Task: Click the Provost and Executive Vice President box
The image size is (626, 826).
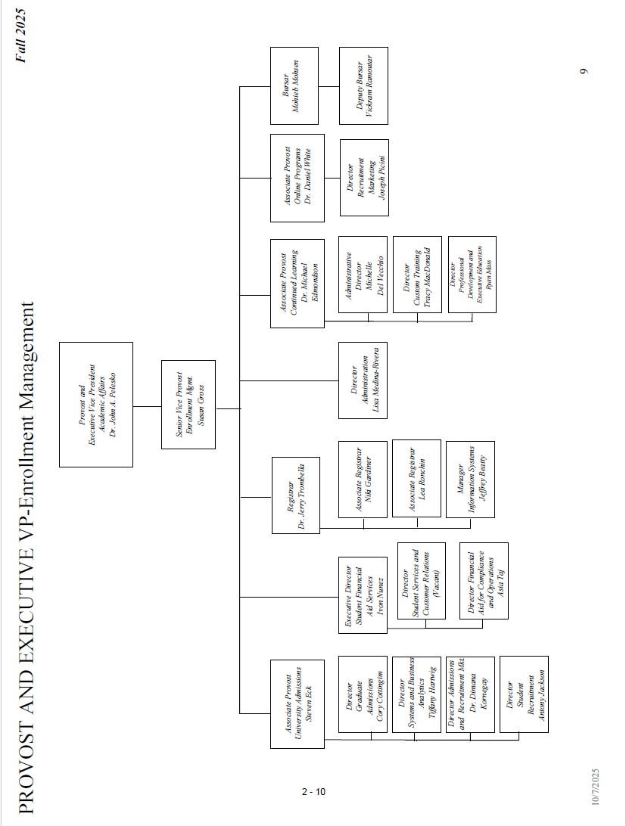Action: click(x=96, y=404)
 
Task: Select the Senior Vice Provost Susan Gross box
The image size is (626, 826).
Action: click(x=188, y=404)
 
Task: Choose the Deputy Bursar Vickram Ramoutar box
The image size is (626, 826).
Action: click(x=363, y=85)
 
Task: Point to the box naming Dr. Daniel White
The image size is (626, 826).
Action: click(x=297, y=176)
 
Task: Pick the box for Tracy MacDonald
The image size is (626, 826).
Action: click(x=416, y=275)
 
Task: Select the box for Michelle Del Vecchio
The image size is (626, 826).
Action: click(x=363, y=275)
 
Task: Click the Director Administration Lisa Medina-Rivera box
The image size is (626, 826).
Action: click(x=363, y=380)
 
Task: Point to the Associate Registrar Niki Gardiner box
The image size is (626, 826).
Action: click(x=363, y=479)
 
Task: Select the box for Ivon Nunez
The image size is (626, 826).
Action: click(x=363, y=595)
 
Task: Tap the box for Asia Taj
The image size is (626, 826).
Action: click(x=484, y=581)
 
